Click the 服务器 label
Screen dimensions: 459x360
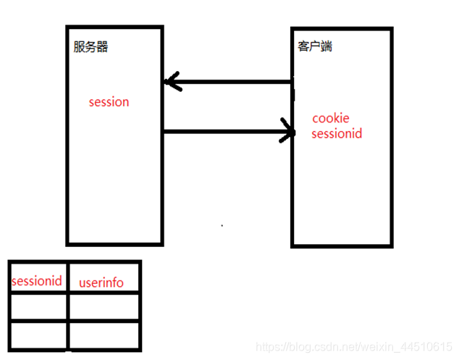[90, 47]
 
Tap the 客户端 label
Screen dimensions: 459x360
[316, 46]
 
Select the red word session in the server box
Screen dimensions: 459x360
[109, 102]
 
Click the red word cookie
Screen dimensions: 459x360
[331, 118]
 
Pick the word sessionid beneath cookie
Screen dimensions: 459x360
[337, 134]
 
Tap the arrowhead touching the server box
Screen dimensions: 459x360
[171, 81]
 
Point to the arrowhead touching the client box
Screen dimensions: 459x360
[290, 132]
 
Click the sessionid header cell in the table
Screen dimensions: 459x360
[38, 280]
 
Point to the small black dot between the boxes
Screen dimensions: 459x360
[222, 225]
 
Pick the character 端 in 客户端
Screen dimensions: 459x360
[327, 46]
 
